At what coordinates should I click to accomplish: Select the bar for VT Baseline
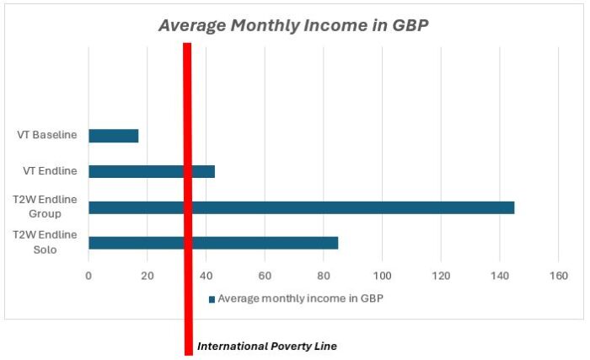[113, 136]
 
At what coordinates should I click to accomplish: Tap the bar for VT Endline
[152, 171]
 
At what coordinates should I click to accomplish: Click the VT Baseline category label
[47, 135]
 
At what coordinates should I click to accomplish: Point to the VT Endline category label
[51, 171]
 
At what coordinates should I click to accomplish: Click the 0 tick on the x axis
[88, 276]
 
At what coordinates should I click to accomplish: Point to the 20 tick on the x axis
[147, 276]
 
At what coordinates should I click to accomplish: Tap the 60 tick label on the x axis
[265, 276]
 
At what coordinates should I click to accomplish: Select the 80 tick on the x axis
[324, 276]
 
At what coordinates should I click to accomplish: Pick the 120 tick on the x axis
[441, 276]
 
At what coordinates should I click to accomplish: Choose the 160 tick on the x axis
[558, 276]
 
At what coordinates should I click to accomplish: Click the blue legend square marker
[212, 298]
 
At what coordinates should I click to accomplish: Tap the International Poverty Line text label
[266, 346]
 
